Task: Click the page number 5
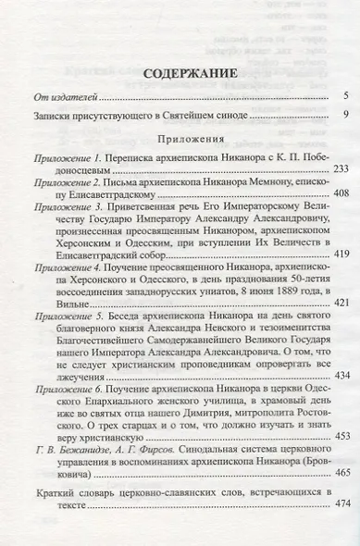[x=343, y=94]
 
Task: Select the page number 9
[x=343, y=115]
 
